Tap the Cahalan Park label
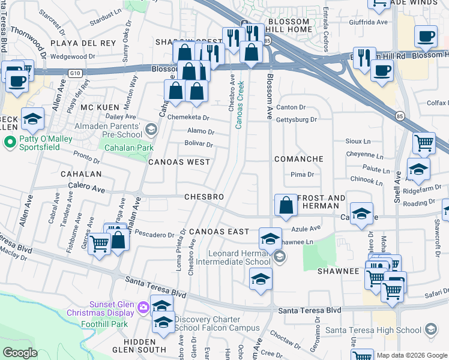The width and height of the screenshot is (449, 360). point(128,148)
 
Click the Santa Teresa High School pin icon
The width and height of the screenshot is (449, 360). point(430,329)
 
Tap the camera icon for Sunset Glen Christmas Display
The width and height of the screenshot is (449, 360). point(143,308)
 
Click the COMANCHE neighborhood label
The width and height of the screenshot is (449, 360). point(298,159)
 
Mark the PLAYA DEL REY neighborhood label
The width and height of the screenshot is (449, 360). point(82,44)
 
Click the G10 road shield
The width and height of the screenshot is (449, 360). point(74,73)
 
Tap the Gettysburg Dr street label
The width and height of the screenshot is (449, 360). point(296,119)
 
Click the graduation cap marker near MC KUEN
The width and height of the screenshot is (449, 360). point(32,120)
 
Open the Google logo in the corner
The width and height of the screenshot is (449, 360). point(20,353)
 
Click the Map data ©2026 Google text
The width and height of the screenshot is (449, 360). point(411,355)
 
